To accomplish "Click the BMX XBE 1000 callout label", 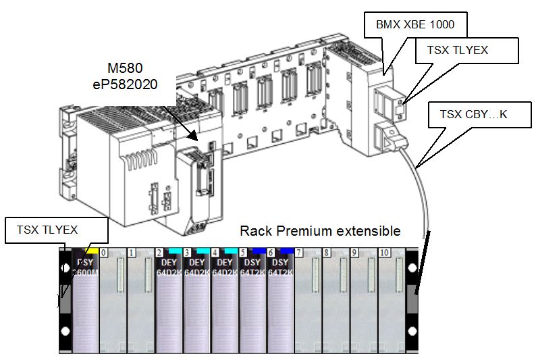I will point(414,26).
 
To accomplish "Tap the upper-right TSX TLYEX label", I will point(458,50).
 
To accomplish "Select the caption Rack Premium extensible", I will point(320,231).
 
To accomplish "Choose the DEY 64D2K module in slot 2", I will point(169,297).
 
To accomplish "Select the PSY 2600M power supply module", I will point(86,297).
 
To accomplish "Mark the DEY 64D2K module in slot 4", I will point(225,297).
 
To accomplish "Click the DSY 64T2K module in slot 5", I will point(253,297).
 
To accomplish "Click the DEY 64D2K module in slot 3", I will point(197,297).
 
